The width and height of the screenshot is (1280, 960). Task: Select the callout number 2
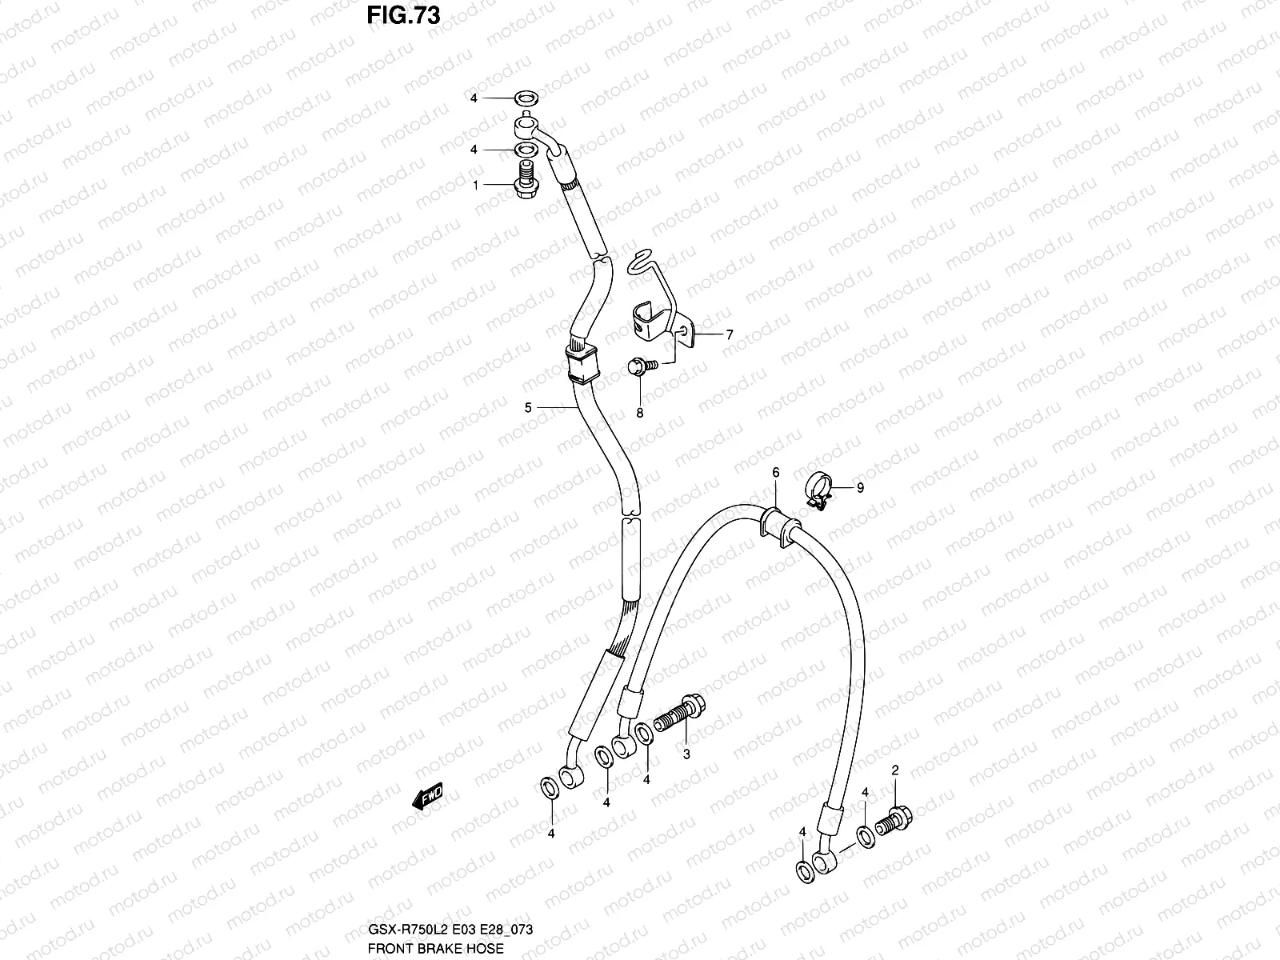tap(895, 770)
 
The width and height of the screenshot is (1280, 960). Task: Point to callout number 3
tap(686, 754)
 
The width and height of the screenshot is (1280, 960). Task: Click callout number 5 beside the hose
tap(528, 408)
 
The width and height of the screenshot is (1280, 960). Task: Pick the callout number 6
tap(775, 473)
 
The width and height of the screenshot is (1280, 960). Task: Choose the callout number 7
tap(729, 335)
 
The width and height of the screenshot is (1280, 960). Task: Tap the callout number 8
tap(640, 413)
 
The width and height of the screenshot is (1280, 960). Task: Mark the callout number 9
tap(860, 487)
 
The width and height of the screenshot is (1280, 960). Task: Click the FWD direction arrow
tap(426, 797)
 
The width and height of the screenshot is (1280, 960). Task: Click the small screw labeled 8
tap(642, 366)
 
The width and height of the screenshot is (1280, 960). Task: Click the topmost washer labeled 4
tap(524, 99)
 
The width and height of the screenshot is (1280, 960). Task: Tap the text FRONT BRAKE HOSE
tap(435, 948)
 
